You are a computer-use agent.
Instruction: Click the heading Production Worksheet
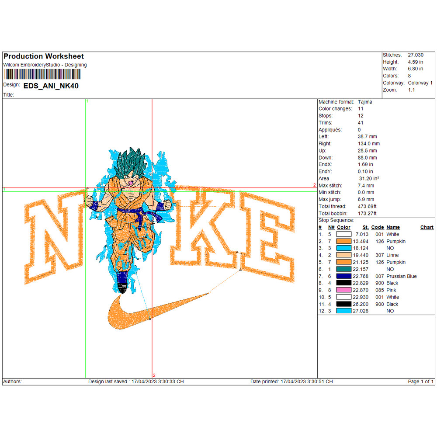(44, 56)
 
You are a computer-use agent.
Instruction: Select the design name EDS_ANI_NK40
(51, 86)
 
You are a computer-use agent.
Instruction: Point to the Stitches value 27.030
(415, 55)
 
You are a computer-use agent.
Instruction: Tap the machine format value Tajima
(365, 102)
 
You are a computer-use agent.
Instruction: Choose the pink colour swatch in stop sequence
(344, 290)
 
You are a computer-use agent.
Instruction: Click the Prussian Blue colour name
(401, 276)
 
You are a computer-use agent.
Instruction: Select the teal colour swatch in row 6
(344, 269)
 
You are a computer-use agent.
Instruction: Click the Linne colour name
(392, 255)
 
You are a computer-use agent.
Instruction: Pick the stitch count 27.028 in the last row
(362, 311)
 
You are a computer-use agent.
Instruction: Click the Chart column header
(427, 227)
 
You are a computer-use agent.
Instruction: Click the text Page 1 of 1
(420, 382)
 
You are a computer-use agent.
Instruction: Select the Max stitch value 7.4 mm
(366, 185)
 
